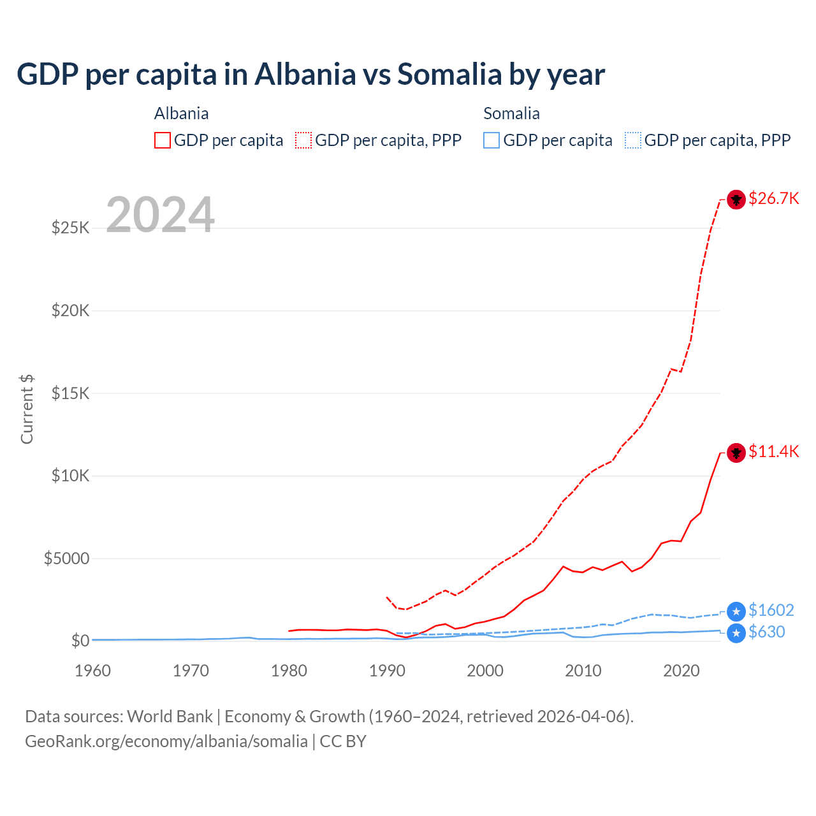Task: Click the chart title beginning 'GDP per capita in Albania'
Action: point(310,75)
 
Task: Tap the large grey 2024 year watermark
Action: point(160,215)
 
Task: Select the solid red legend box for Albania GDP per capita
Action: point(163,140)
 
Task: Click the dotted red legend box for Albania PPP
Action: point(303,140)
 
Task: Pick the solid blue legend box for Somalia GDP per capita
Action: point(492,140)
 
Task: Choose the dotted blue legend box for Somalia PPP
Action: point(633,140)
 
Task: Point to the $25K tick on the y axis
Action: point(71,228)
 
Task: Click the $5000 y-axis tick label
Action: point(66,558)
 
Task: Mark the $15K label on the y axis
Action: point(71,393)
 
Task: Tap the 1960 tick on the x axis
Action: point(92,671)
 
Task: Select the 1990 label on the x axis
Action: point(387,671)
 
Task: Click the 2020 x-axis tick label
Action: point(681,671)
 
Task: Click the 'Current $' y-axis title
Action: point(27,409)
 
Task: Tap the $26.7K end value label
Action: point(773,198)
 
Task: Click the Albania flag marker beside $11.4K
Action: point(736,453)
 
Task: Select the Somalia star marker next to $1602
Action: point(736,612)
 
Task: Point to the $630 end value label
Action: point(767,632)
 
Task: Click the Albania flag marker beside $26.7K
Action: point(736,200)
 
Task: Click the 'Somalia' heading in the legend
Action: point(511,113)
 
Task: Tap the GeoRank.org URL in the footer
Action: point(166,741)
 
